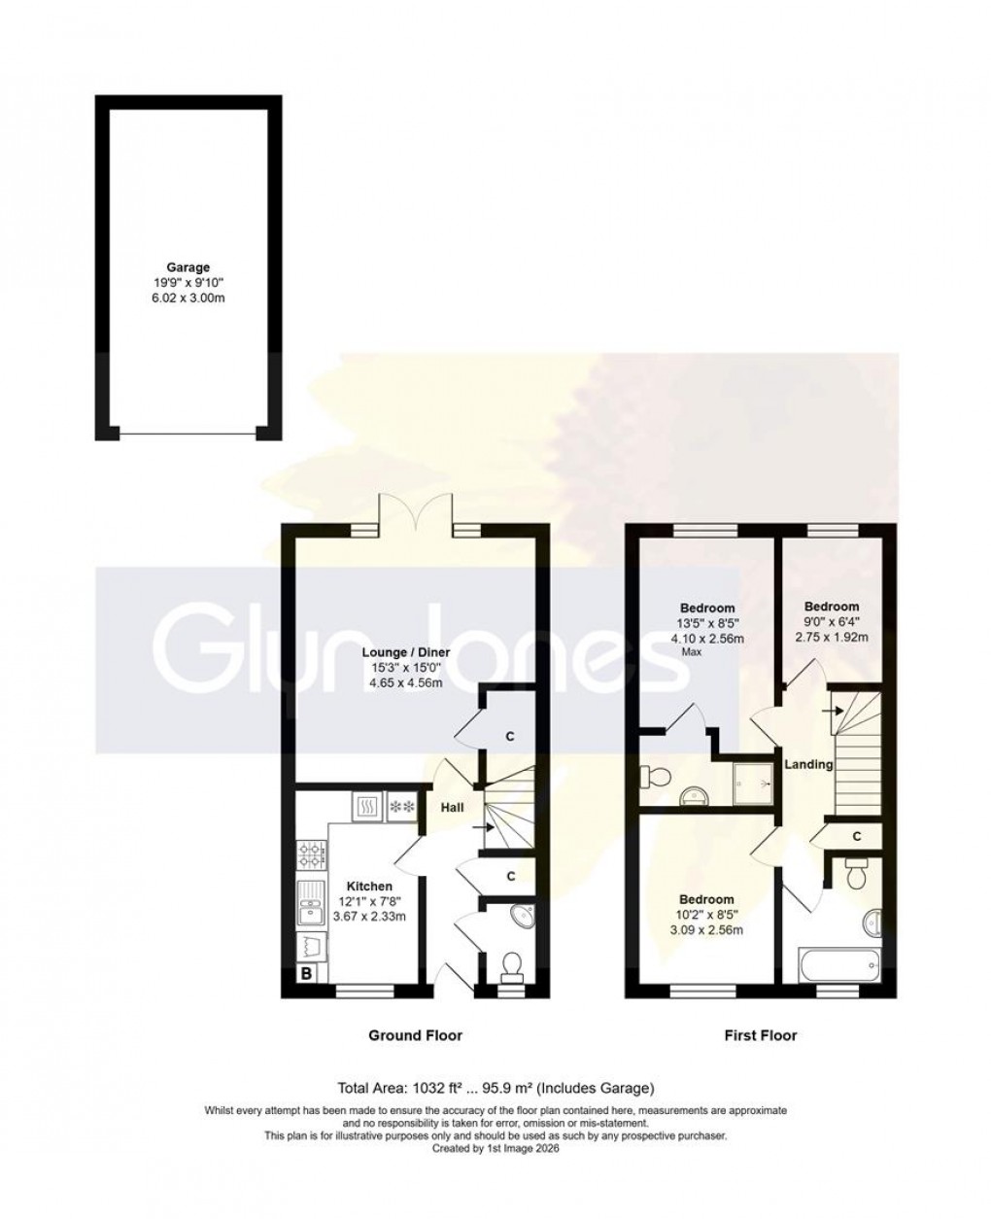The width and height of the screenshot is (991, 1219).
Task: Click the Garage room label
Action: pos(187,267)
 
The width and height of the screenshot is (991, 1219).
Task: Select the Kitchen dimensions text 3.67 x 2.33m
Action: pos(369,916)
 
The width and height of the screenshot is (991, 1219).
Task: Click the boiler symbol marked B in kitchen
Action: pos(305,973)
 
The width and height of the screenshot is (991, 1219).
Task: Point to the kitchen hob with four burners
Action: pos(312,855)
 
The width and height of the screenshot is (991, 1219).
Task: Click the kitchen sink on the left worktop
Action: pos(311,910)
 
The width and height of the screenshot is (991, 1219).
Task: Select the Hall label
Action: pos(453,807)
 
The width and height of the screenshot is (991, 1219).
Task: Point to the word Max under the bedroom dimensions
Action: pos(691,652)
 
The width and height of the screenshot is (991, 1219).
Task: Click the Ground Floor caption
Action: pos(415,1035)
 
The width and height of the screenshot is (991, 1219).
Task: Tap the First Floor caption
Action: pos(760,1035)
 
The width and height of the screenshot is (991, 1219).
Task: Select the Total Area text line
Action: pos(495,1088)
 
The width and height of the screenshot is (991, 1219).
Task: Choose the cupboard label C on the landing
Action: pos(856,836)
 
